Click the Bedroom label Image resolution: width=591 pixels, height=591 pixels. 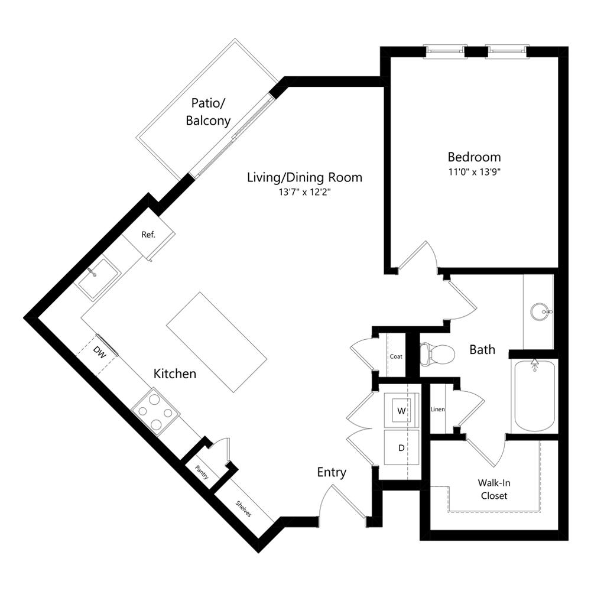coord(474,157)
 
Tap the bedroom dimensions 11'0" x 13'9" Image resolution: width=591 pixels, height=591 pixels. coord(474,172)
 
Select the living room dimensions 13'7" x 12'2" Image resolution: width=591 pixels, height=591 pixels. coord(304,192)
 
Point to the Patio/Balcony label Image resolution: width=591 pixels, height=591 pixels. coord(208,112)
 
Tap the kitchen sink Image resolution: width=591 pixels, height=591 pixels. coord(98,278)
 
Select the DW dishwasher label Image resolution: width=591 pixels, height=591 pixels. coord(99,353)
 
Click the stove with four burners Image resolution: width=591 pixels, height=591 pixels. coord(155,411)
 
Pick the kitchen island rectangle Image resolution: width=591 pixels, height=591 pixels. coord(217,342)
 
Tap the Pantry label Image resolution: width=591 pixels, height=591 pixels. coord(202,472)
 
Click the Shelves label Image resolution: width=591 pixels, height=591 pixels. coord(243,508)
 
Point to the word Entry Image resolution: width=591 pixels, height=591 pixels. coord(332,472)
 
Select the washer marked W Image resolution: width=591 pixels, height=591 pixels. coord(401,411)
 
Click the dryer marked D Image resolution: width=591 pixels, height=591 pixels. coord(401,448)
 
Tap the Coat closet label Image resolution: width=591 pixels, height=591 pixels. coord(396,356)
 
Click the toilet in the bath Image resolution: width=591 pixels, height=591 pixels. coord(437,354)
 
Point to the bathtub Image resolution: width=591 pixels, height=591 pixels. coord(534,396)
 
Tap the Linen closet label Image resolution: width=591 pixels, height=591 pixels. coord(437,409)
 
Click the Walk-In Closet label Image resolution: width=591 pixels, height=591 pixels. coord(494,489)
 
